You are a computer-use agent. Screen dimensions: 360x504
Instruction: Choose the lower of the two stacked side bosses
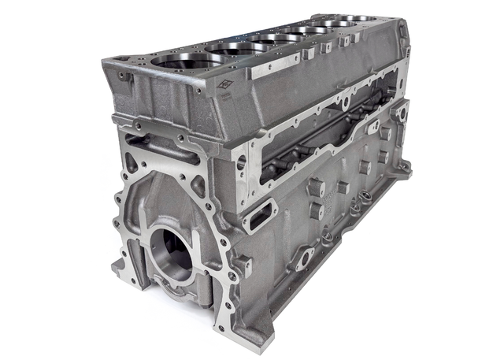316,211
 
